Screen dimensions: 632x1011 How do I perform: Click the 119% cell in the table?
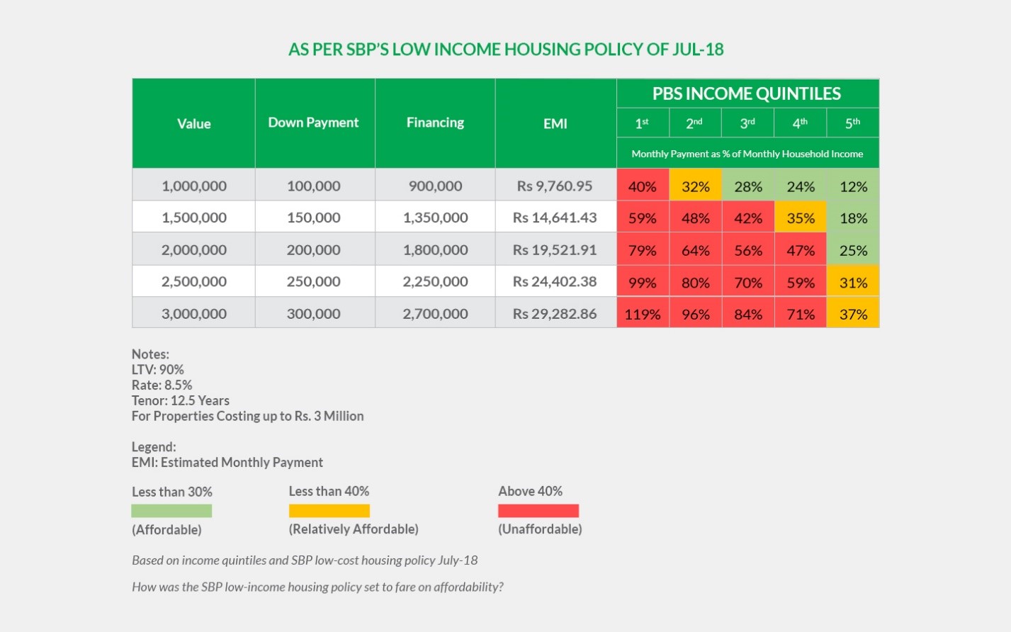pyautogui.click(x=643, y=314)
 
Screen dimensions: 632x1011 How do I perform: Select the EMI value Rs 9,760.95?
pyautogui.click(x=555, y=186)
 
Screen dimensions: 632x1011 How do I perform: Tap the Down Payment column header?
pyautogui.click(x=313, y=123)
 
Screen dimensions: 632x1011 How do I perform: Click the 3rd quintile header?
pyautogui.click(x=747, y=123)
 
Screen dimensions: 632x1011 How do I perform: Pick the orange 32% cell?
pyautogui.click(x=695, y=186)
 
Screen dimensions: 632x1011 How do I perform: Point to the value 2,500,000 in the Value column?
pyautogui.click(x=194, y=281)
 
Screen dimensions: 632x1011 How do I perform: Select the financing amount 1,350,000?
pyautogui.click(x=435, y=218)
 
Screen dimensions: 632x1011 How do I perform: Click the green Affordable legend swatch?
pyautogui.click(x=171, y=511)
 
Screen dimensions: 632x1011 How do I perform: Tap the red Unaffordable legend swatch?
pyautogui.click(x=538, y=511)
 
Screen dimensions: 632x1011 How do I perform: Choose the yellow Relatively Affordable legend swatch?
pyautogui.click(x=329, y=511)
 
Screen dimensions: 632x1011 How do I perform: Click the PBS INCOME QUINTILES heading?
pyautogui.click(x=747, y=94)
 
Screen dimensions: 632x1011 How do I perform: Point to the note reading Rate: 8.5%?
pyautogui.click(x=162, y=385)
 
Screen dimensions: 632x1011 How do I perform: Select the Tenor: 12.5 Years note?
pyautogui.click(x=180, y=400)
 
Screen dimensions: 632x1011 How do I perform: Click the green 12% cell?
pyautogui.click(x=853, y=186)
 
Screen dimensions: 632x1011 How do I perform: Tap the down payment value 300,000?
pyautogui.click(x=313, y=313)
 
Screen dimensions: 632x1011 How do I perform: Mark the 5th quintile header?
pyautogui.click(x=852, y=123)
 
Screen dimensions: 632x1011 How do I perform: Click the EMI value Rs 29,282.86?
pyautogui.click(x=555, y=313)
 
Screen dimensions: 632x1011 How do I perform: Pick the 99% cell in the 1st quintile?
pyautogui.click(x=643, y=282)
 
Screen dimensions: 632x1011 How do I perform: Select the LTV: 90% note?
pyautogui.click(x=157, y=369)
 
